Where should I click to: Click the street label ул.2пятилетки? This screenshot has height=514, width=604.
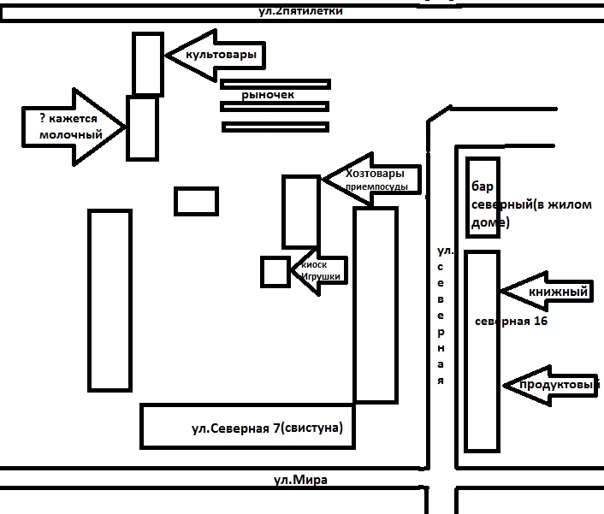point(300,11)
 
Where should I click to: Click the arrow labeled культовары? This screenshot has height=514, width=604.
point(210,55)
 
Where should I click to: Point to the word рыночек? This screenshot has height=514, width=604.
point(268,95)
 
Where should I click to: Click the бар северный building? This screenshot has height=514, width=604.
point(482,197)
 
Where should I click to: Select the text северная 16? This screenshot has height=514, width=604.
point(511,322)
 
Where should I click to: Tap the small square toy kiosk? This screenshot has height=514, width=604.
point(275,271)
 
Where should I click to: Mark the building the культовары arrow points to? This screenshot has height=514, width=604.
point(148,64)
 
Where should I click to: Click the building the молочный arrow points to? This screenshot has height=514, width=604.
point(142,127)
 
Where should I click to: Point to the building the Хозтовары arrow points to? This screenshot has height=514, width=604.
point(301,211)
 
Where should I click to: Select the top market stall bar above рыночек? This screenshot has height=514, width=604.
point(275,84)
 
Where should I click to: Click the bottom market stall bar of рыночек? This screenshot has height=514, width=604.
point(275,127)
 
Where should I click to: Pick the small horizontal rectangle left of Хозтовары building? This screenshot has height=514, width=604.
point(196,201)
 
